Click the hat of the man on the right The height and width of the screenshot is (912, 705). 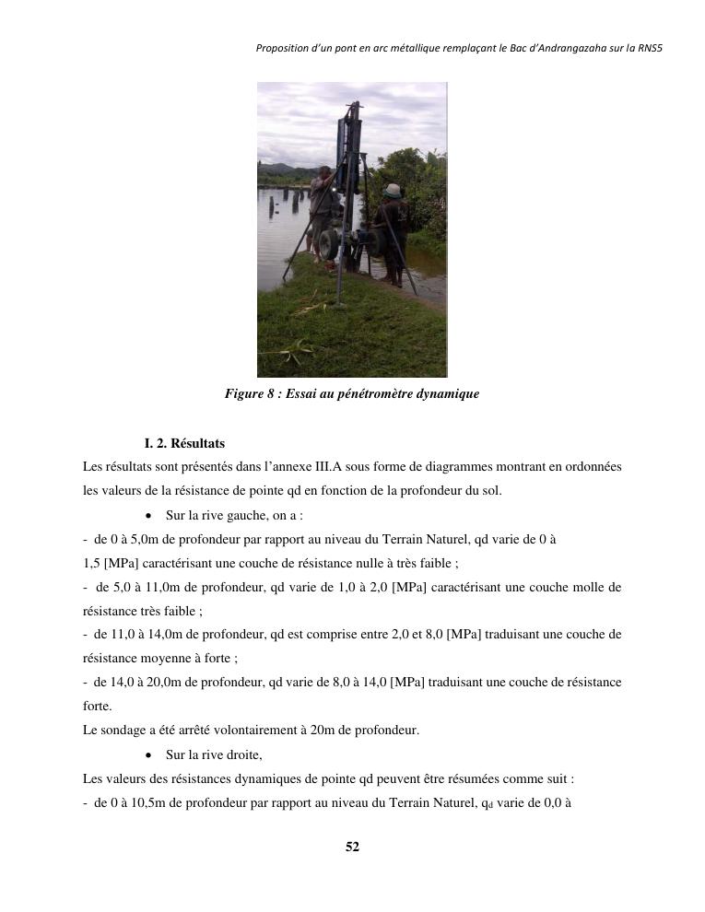(394, 190)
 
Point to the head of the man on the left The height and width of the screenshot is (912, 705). (323, 171)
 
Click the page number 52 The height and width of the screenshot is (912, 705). (352, 847)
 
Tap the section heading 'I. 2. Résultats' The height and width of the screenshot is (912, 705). (184, 443)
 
